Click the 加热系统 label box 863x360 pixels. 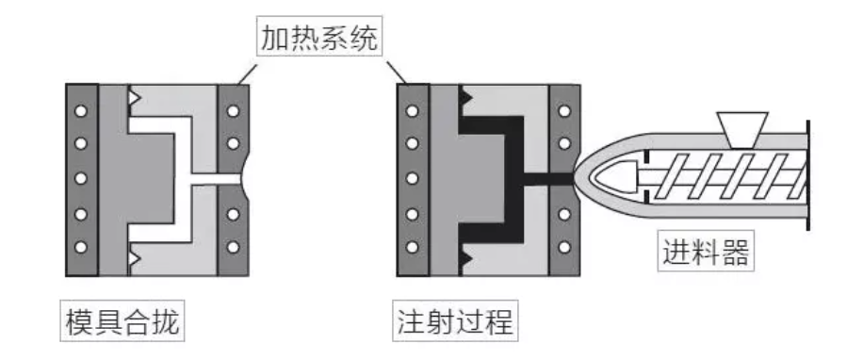[x=319, y=36]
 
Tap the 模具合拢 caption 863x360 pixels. [x=122, y=321]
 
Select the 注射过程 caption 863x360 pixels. [x=455, y=321]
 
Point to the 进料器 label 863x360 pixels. [x=706, y=251]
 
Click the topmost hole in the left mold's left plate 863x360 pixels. [x=81, y=111]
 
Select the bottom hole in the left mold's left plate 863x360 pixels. [x=81, y=247]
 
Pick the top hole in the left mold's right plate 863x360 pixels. [x=234, y=111]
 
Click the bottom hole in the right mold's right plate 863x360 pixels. [x=564, y=247]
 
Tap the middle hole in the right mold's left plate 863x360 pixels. [x=413, y=179]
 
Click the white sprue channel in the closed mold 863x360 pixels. [x=216, y=179]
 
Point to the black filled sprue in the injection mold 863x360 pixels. [x=548, y=179]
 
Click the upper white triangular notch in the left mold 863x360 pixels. [x=134, y=98]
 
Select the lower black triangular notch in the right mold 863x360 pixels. [x=465, y=257]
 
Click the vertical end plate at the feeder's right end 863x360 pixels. [x=808, y=175]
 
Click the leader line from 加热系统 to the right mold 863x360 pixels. [x=397, y=73]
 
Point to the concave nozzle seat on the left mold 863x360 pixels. [x=246, y=179]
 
